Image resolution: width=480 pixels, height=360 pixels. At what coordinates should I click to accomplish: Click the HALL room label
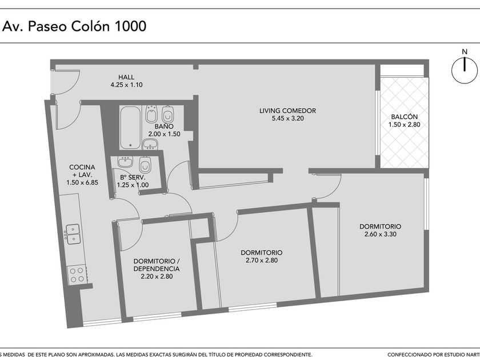(126, 77)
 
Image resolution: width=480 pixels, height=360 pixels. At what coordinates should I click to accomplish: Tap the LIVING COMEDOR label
(287, 110)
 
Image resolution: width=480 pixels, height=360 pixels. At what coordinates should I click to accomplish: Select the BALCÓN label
(404, 117)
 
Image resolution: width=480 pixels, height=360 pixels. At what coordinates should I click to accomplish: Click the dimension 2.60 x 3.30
(380, 234)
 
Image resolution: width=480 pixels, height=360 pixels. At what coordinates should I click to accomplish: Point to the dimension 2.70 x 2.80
(262, 261)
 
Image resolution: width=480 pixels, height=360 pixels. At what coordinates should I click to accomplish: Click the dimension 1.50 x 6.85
(82, 182)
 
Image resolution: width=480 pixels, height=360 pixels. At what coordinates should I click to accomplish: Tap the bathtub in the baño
(130, 127)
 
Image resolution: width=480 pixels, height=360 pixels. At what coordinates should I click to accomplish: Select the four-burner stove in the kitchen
(77, 275)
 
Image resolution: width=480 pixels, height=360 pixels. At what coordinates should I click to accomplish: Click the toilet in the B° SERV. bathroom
(145, 165)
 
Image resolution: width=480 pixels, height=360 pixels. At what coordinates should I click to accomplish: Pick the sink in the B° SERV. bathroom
(125, 162)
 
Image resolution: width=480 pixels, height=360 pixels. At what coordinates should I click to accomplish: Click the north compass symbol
(465, 70)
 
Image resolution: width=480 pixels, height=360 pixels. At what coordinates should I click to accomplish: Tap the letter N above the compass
(465, 52)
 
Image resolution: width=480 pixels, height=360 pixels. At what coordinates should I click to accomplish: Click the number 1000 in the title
(130, 26)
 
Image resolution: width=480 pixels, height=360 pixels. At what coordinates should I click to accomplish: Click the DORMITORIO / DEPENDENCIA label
(157, 265)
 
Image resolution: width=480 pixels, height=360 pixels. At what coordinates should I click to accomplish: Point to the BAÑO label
(164, 126)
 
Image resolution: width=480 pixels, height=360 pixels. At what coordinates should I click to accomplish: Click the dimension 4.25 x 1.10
(126, 85)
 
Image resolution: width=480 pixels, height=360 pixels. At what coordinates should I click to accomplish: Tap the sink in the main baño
(150, 144)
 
